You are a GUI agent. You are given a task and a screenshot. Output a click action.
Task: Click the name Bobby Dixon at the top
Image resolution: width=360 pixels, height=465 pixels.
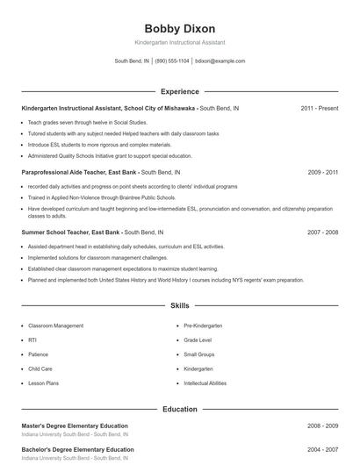pyautogui.click(x=179, y=29)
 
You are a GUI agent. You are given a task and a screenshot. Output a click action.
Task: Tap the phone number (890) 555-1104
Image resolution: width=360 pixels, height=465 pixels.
pyautogui.click(x=172, y=61)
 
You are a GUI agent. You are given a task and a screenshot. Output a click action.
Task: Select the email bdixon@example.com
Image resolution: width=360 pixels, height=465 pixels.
pyautogui.click(x=220, y=61)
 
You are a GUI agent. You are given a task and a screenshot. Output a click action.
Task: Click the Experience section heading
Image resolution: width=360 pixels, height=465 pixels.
pyautogui.click(x=179, y=91)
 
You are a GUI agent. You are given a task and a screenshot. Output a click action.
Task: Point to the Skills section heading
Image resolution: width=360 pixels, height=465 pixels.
pyautogui.click(x=179, y=306)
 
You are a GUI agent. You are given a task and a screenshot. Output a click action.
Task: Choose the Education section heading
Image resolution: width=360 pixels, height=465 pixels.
pyautogui.click(x=179, y=409)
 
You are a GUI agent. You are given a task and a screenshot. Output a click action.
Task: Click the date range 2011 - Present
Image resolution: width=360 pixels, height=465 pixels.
pyautogui.click(x=319, y=108)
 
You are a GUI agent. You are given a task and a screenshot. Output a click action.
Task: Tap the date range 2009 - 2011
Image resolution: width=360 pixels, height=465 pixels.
pyautogui.click(x=322, y=173)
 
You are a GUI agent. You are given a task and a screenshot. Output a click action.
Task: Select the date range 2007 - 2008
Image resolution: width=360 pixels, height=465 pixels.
pyautogui.click(x=322, y=232)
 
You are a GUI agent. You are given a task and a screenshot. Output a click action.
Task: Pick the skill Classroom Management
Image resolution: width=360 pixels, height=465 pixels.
pyautogui.click(x=56, y=325)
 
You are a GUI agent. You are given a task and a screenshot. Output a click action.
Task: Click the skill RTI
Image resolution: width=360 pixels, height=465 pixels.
pyautogui.click(x=32, y=340)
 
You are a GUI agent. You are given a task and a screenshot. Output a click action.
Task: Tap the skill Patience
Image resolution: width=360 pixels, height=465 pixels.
pyautogui.click(x=38, y=354)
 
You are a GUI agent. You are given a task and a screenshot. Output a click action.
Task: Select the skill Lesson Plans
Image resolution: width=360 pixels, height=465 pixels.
pyautogui.click(x=42, y=383)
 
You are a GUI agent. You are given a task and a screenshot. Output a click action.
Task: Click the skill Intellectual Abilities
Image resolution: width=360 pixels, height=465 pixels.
pyautogui.click(x=205, y=383)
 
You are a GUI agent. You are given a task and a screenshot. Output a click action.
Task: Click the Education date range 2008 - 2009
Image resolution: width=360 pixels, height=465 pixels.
pyautogui.click(x=322, y=426)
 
